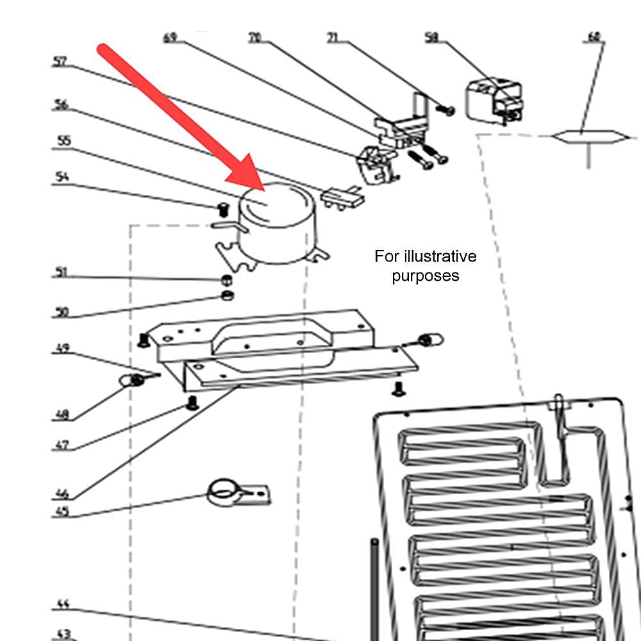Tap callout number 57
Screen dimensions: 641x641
click(60, 62)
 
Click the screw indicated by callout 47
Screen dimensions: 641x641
click(190, 403)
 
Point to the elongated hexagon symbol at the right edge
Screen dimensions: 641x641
click(587, 137)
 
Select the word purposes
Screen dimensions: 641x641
click(425, 276)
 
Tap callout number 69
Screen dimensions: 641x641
click(170, 38)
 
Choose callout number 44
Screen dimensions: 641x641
click(62, 604)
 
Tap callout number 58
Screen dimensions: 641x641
click(432, 38)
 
